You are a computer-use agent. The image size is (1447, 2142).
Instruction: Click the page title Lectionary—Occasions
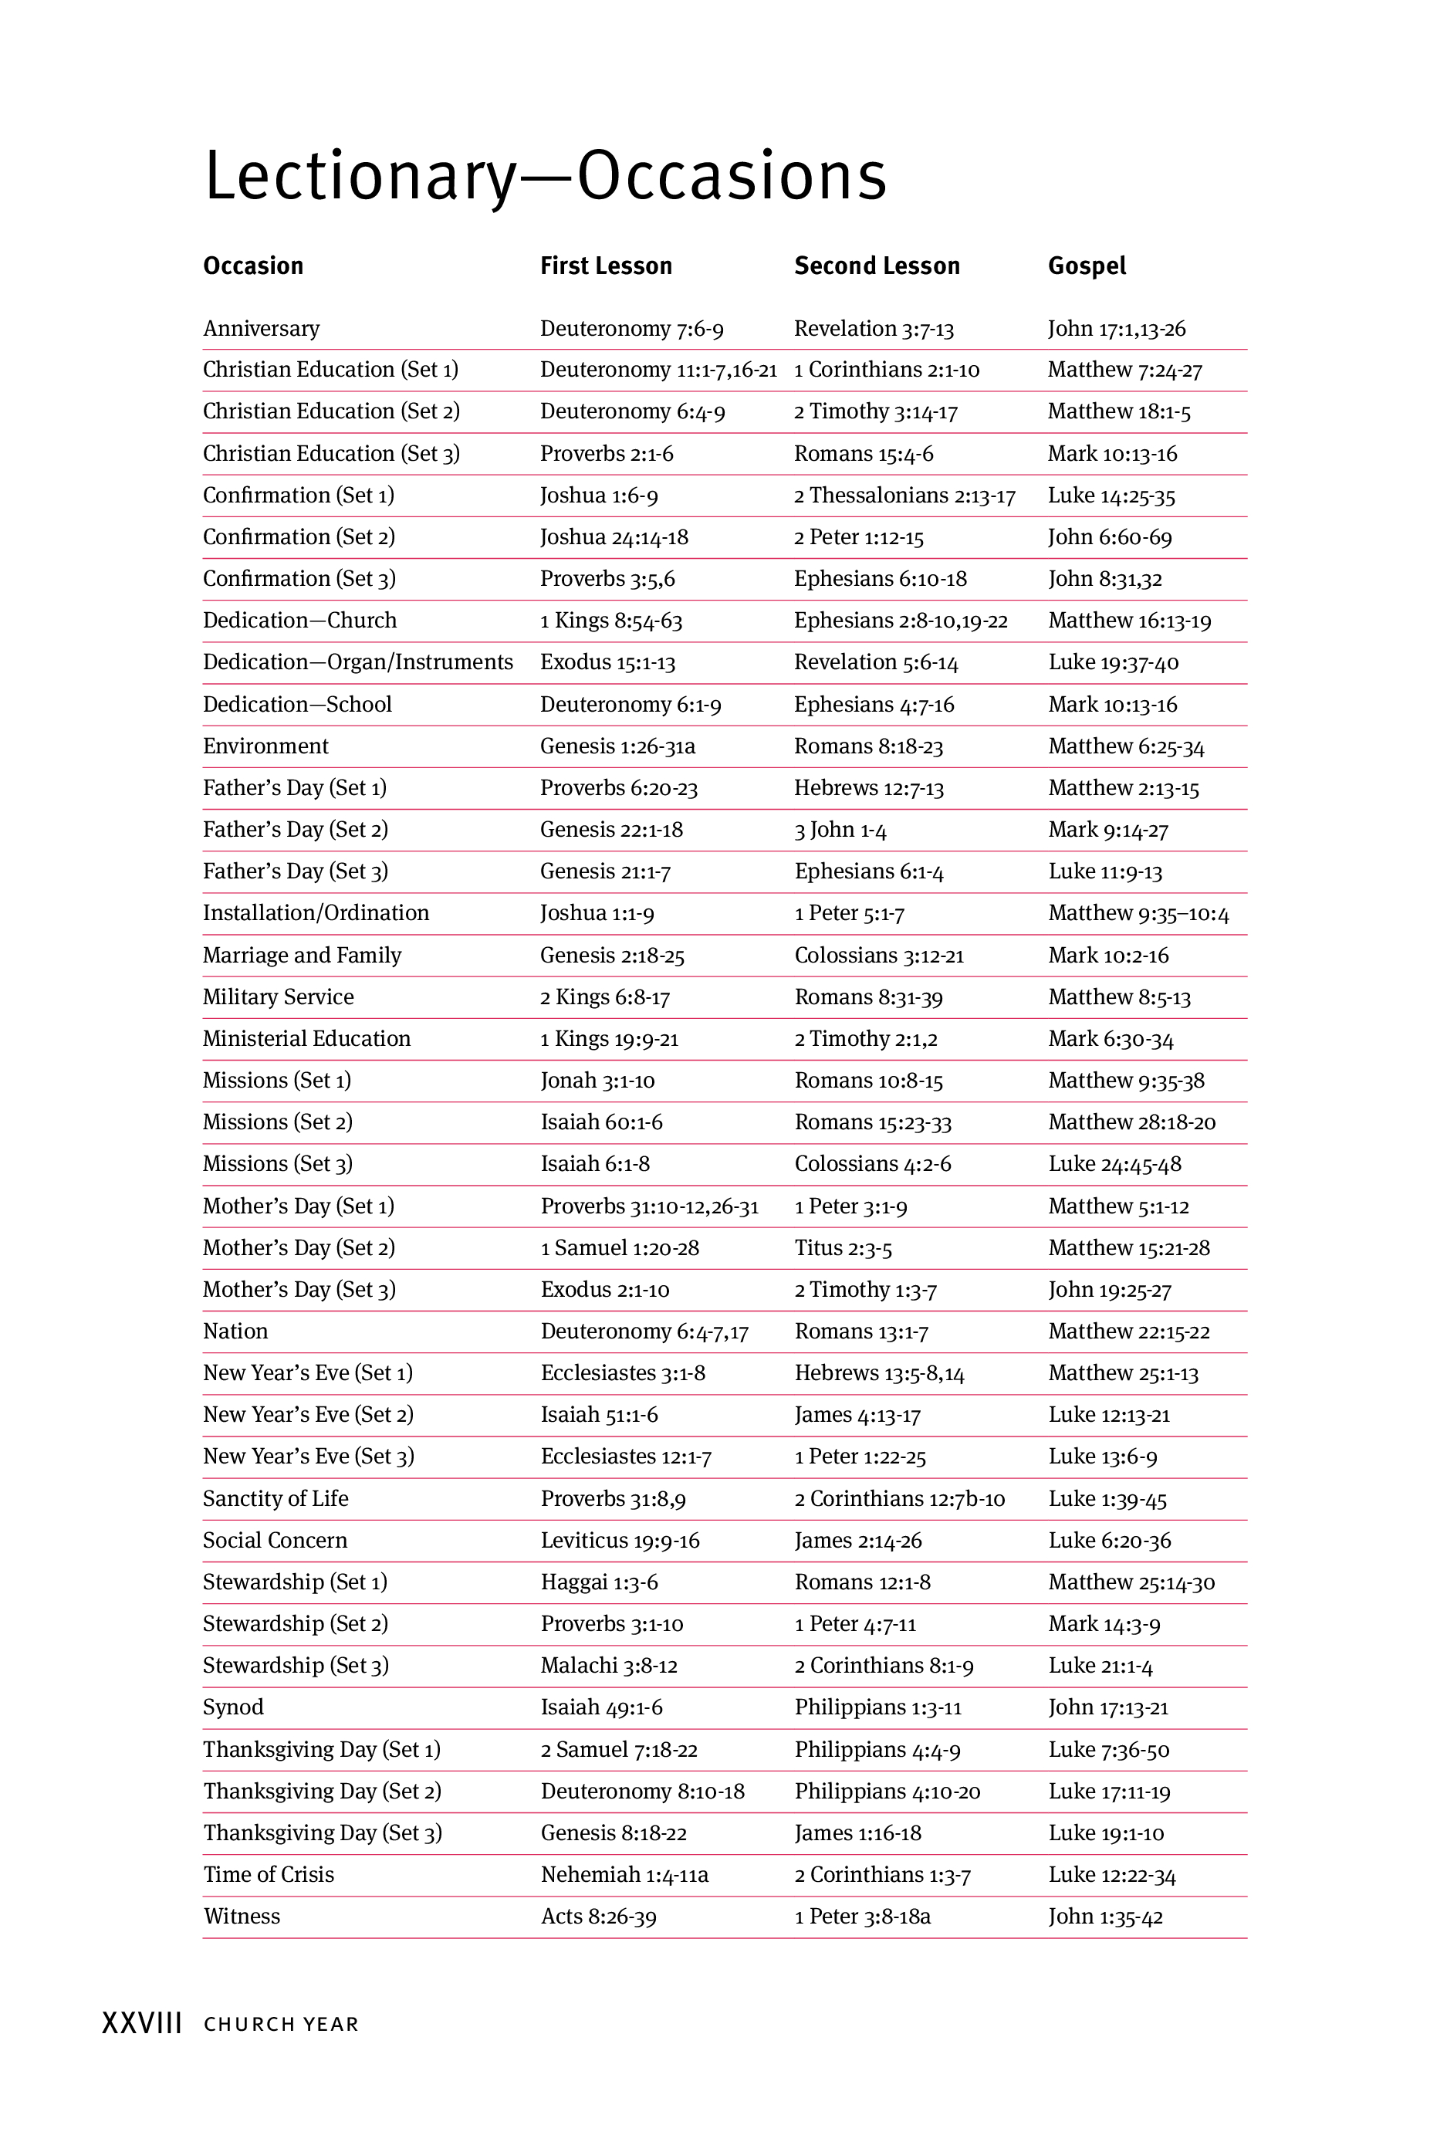click(x=545, y=175)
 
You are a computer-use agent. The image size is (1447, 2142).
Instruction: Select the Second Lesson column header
click(x=877, y=266)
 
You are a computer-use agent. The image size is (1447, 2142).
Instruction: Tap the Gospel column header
click(x=1087, y=266)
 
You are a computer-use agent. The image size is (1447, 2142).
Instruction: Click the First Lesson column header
click(x=606, y=266)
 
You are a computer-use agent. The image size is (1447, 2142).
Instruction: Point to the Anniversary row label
click(x=261, y=329)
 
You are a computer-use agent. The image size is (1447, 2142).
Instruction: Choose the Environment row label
click(x=265, y=746)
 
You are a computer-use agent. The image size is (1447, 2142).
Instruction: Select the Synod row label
click(x=233, y=1708)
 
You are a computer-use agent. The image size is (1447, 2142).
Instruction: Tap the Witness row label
click(x=242, y=1917)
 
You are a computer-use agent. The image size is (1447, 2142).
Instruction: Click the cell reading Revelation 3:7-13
click(x=874, y=329)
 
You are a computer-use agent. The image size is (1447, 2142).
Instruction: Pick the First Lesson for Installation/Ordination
click(x=597, y=913)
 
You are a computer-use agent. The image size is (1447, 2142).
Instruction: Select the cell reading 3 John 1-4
click(x=840, y=831)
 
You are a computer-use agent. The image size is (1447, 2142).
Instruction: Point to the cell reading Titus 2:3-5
click(x=843, y=1249)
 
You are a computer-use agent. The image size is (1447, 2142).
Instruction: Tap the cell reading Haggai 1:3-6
click(x=599, y=1582)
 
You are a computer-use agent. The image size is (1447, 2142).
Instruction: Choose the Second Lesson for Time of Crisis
click(x=882, y=1876)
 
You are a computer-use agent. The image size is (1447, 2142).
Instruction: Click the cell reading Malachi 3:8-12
click(x=608, y=1667)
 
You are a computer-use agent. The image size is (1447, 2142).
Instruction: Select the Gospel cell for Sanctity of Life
click(x=1107, y=1500)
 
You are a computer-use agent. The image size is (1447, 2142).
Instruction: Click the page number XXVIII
click(x=141, y=2025)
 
